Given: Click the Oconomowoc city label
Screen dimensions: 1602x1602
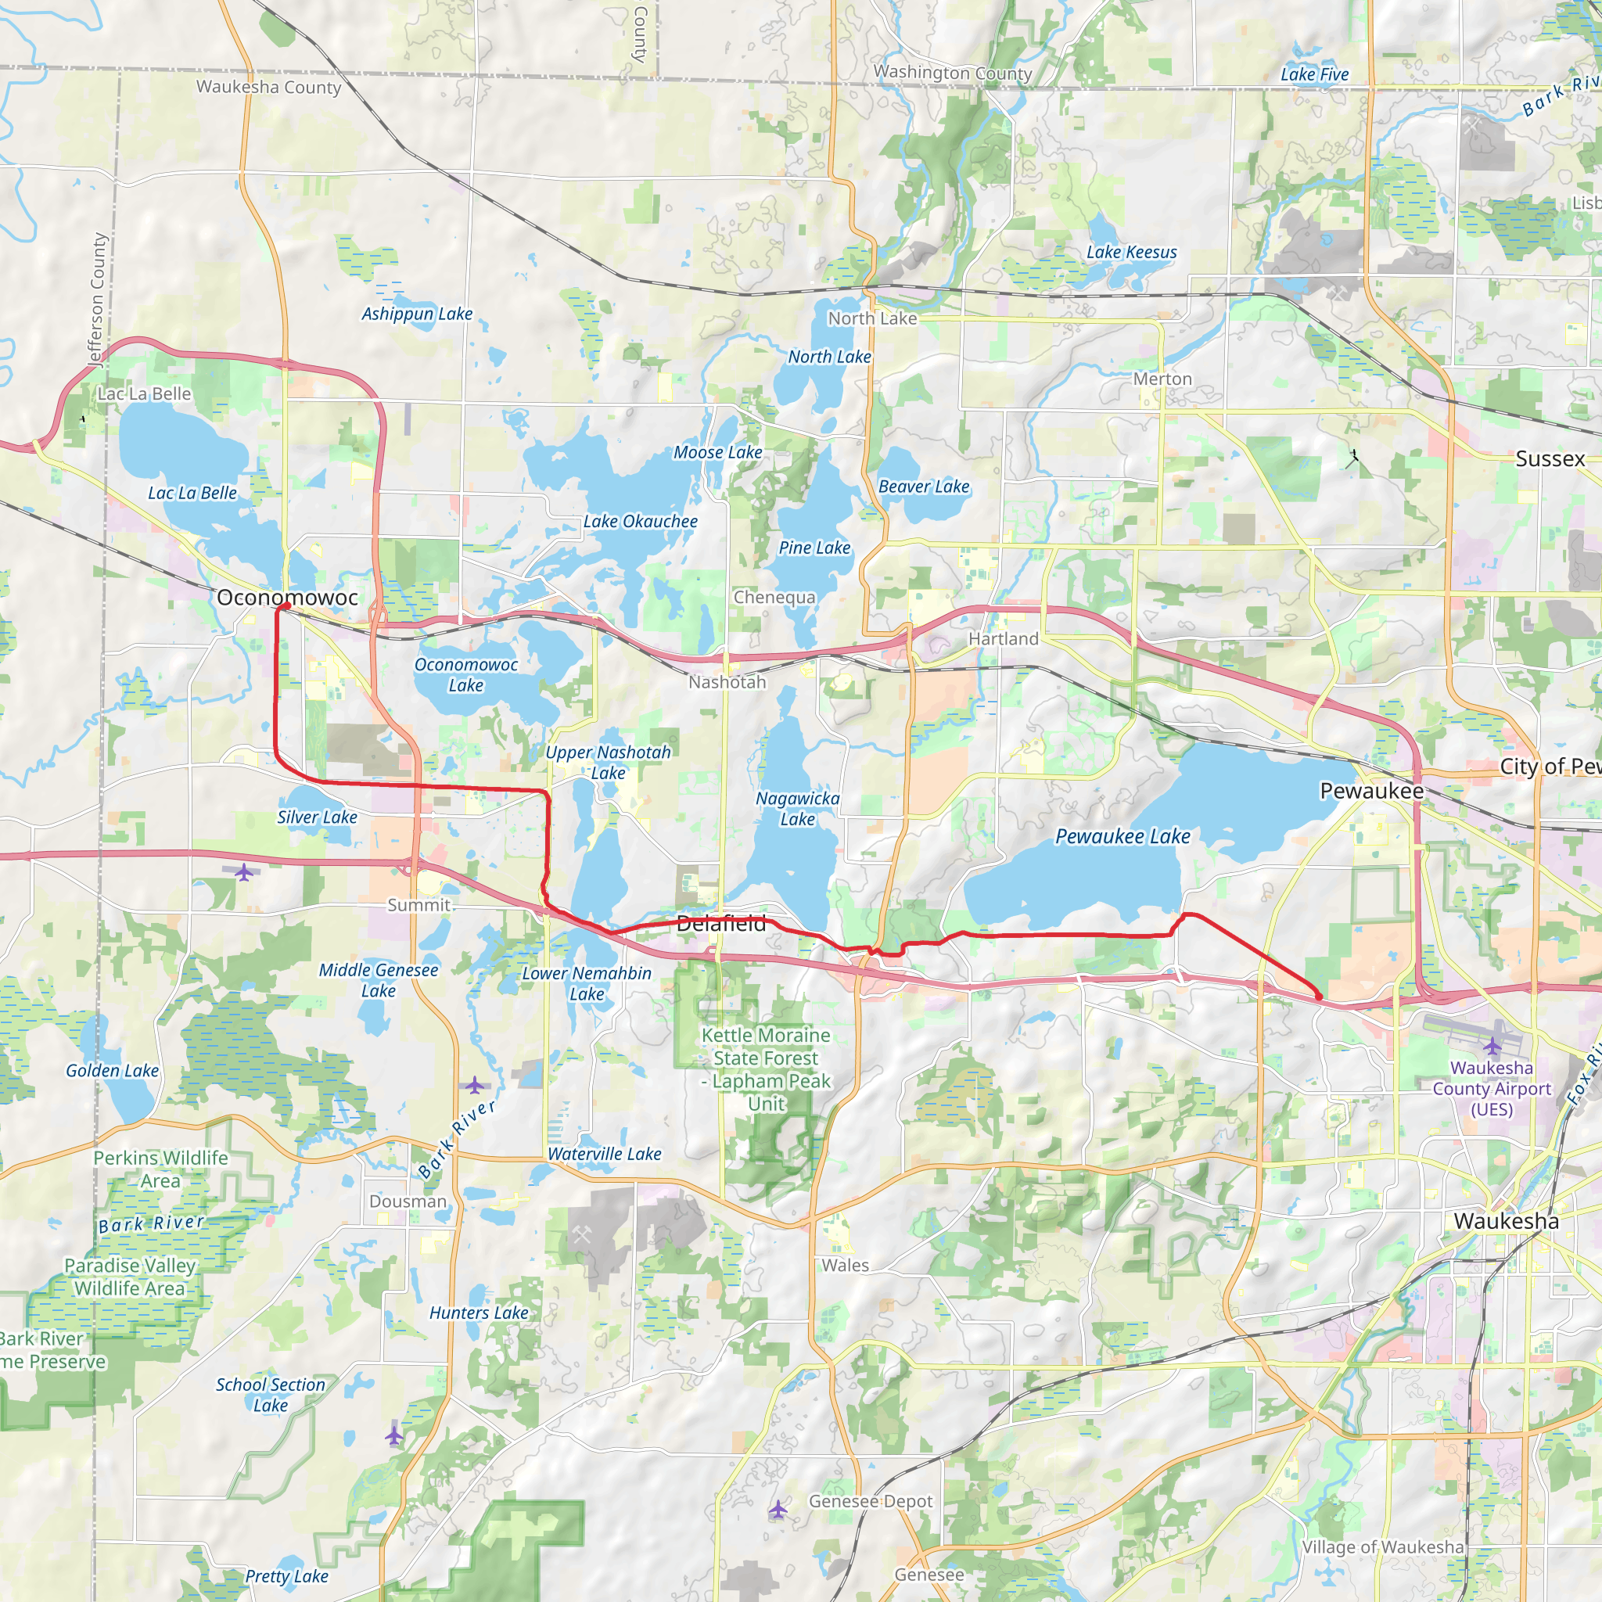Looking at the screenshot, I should click(287, 597).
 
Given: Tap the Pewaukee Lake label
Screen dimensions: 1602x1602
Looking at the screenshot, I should click(1122, 837).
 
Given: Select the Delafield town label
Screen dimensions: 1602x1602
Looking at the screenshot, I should click(720, 924).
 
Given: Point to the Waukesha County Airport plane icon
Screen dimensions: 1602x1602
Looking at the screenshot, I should click(1492, 1046).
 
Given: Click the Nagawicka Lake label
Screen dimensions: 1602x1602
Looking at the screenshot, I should click(797, 809).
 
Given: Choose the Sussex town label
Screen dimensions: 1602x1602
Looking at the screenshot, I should click(1550, 458).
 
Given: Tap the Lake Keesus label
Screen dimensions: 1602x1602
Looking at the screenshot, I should click(1132, 252).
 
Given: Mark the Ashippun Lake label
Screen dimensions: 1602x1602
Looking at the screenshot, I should click(416, 314).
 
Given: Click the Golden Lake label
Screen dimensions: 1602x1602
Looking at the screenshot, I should click(112, 1071).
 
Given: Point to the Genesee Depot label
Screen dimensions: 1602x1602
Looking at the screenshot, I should click(871, 1501).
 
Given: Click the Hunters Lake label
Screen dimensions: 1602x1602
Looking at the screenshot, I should click(479, 1313).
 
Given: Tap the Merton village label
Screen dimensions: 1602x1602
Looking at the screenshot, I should click(1162, 379).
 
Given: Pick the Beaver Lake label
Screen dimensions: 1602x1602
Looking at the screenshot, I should click(924, 487).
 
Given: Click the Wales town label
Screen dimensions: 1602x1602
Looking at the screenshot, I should click(845, 1266).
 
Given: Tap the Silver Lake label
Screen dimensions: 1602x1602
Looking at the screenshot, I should click(317, 817).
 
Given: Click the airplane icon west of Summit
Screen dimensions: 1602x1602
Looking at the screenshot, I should click(244, 872).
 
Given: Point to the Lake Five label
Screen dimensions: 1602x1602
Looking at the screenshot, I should click(1314, 74).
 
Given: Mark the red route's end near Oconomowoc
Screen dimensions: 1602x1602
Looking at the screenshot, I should click(282, 607).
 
